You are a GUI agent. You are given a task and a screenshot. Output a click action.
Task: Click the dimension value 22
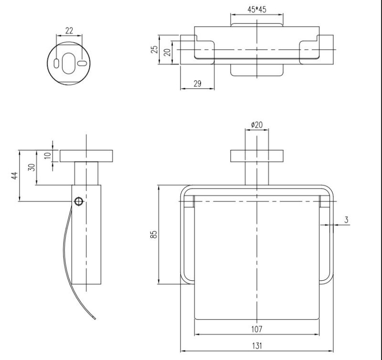click(x=69, y=31)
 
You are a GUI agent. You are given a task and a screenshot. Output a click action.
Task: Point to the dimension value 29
click(x=197, y=84)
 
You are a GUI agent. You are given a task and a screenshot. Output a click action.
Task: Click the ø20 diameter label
click(x=257, y=125)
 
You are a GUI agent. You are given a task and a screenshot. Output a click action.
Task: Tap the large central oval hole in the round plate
click(x=69, y=63)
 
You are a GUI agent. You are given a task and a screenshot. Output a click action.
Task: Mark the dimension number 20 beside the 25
click(x=168, y=51)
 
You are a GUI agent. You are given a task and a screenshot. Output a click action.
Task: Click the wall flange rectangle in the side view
click(x=86, y=156)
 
